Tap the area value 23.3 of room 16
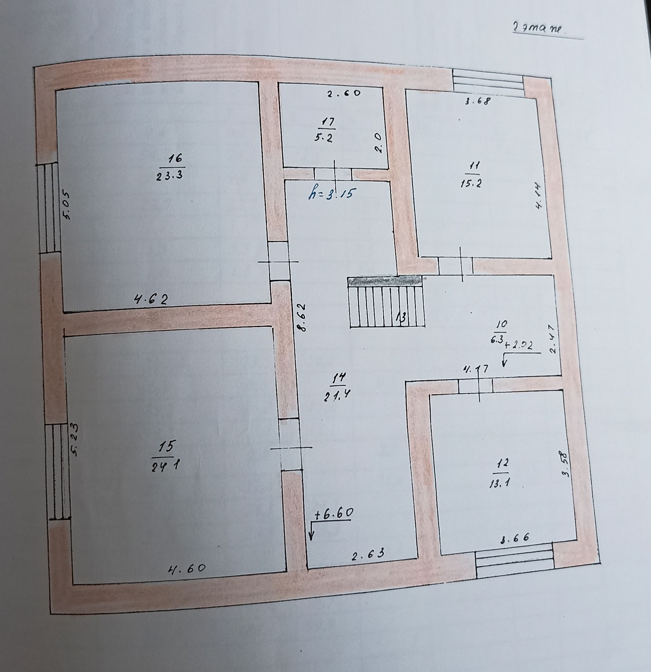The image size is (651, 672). point(169,175)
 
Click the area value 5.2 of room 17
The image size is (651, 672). point(323,137)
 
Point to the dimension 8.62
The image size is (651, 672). point(301,317)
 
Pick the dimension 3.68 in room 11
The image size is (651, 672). point(478,101)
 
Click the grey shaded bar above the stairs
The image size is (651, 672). point(384,281)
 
